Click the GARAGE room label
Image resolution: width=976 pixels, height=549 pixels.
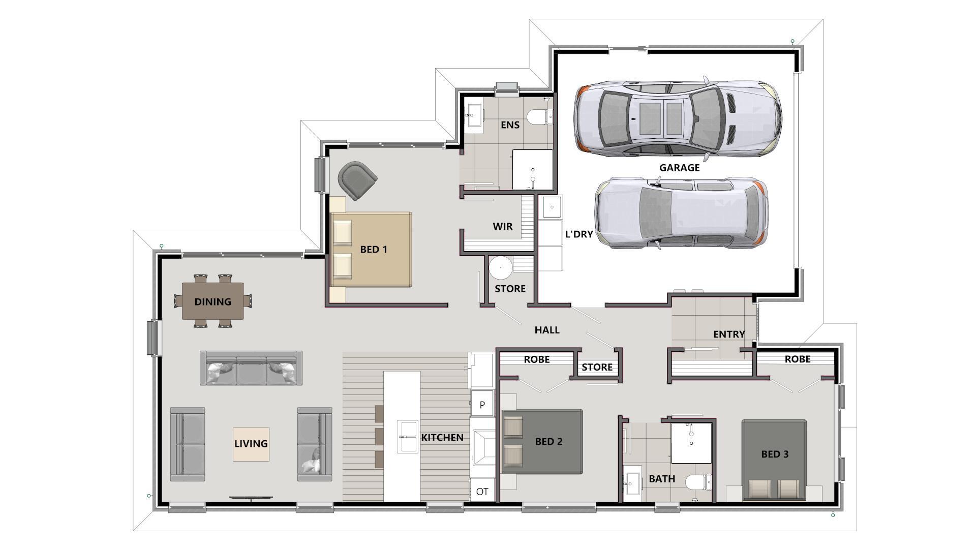click(679, 168)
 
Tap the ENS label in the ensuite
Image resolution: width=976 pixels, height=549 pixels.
click(510, 125)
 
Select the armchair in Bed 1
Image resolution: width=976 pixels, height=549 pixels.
click(357, 179)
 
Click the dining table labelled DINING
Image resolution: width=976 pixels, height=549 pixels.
click(213, 301)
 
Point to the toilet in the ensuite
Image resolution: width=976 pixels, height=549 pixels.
click(539, 117)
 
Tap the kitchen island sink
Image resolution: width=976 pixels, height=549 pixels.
click(408, 436)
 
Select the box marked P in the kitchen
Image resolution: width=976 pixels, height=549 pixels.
click(482, 405)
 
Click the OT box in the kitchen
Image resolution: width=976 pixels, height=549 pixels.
click(482, 492)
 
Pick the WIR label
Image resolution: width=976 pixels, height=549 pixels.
click(502, 226)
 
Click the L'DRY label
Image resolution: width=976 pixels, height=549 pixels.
click(579, 234)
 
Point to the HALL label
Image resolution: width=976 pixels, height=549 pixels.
click(547, 330)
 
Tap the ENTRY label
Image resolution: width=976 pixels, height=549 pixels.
click(729, 334)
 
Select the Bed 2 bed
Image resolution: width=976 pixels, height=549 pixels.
click(542, 441)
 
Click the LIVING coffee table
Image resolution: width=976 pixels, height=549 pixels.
click(251, 444)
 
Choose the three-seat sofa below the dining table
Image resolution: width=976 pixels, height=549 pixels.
click(251, 368)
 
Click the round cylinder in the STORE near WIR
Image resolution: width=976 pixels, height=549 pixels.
click(501, 267)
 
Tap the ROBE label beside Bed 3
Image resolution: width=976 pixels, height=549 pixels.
click(797, 359)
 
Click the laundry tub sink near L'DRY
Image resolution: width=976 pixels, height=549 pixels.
click(552, 207)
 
